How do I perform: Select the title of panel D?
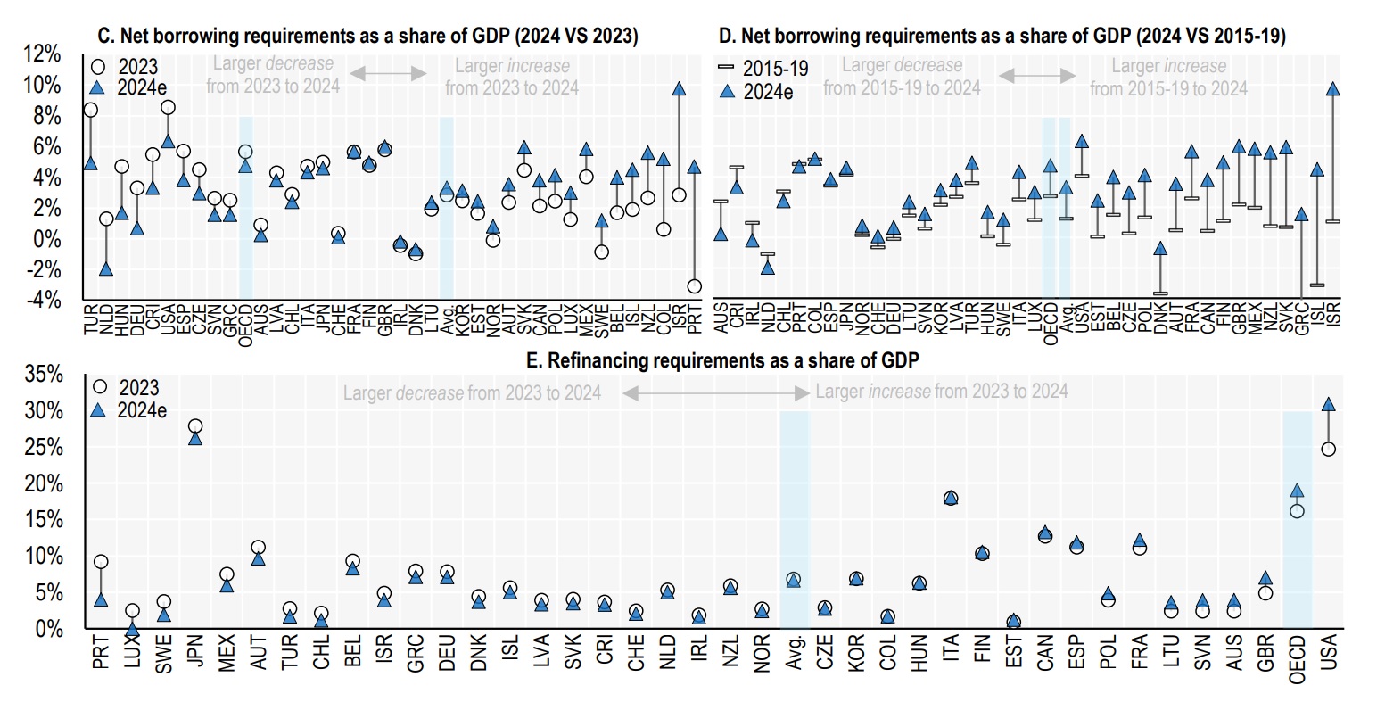(1002, 36)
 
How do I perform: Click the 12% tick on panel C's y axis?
(42, 54)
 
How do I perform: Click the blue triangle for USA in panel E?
(1328, 405)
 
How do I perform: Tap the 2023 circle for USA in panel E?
(1328, 449)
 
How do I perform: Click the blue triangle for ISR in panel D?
(1333, 89)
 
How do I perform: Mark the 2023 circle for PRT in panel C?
(694, 286)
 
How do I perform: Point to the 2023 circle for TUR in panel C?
(90, 110)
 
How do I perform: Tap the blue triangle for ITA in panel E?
(951, 498)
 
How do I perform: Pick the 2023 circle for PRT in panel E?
(101, 562)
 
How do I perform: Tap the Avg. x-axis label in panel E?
(794, 656)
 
